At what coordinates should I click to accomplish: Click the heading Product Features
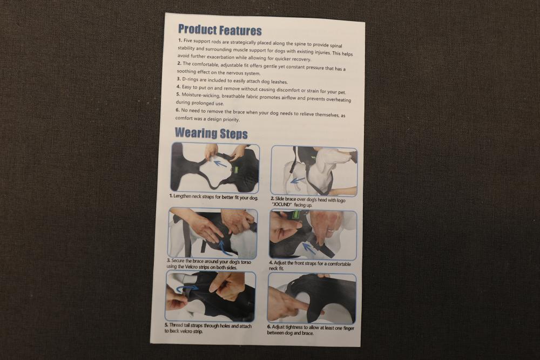[220, 30]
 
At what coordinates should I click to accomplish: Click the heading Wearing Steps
[211, 133]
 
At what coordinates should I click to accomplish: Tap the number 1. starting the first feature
[180, 40]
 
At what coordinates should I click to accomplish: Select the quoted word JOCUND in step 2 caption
[282, 205]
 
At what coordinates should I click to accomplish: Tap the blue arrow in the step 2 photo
[298, 180]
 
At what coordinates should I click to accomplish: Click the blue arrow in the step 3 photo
[225, 247]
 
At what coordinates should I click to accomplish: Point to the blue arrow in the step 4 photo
[309, 248]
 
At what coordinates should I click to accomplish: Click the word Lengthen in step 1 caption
[182, 196]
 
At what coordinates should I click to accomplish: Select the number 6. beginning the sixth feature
[177, 110]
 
